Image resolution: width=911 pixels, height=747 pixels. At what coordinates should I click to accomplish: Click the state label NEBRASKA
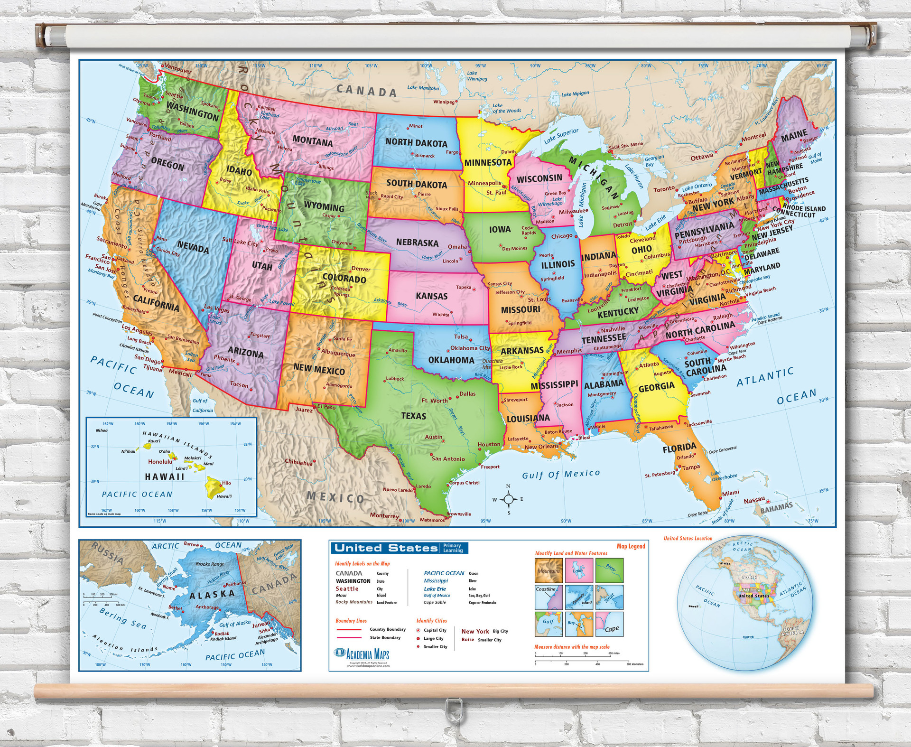(417, 243)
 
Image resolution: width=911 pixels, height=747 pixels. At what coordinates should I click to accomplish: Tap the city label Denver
(361, 269)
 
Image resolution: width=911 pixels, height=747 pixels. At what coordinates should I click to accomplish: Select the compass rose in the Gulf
(508, 499)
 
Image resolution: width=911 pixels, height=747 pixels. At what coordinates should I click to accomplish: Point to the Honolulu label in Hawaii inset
(160, 461)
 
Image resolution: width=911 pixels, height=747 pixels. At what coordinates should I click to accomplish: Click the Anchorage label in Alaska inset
(207, 607)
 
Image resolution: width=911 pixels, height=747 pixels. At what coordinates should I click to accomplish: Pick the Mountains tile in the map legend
(549, 570)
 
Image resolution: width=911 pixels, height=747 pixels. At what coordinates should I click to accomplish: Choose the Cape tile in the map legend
(610, 625)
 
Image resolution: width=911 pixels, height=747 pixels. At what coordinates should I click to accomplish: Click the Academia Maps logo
(362, 654)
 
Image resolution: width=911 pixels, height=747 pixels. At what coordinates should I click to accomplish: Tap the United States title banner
(385, 548)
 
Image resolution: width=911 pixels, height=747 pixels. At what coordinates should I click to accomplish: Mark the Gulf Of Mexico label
(561, 474)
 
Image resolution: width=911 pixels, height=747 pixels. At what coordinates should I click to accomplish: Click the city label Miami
(731, 493)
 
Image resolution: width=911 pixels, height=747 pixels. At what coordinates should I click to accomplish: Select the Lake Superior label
(561, 136)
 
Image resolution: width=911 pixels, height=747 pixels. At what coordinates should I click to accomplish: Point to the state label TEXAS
(413, 416)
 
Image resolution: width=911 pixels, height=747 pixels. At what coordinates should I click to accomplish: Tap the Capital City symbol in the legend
(418, 631)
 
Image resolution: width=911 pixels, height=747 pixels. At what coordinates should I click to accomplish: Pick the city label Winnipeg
(444, 102)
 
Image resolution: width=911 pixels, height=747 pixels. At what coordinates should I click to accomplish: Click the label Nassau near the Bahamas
(754, 500)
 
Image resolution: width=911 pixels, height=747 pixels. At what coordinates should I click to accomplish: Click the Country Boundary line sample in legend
(348, 629)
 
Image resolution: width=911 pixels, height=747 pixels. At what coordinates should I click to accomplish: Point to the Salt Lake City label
(240, 242)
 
